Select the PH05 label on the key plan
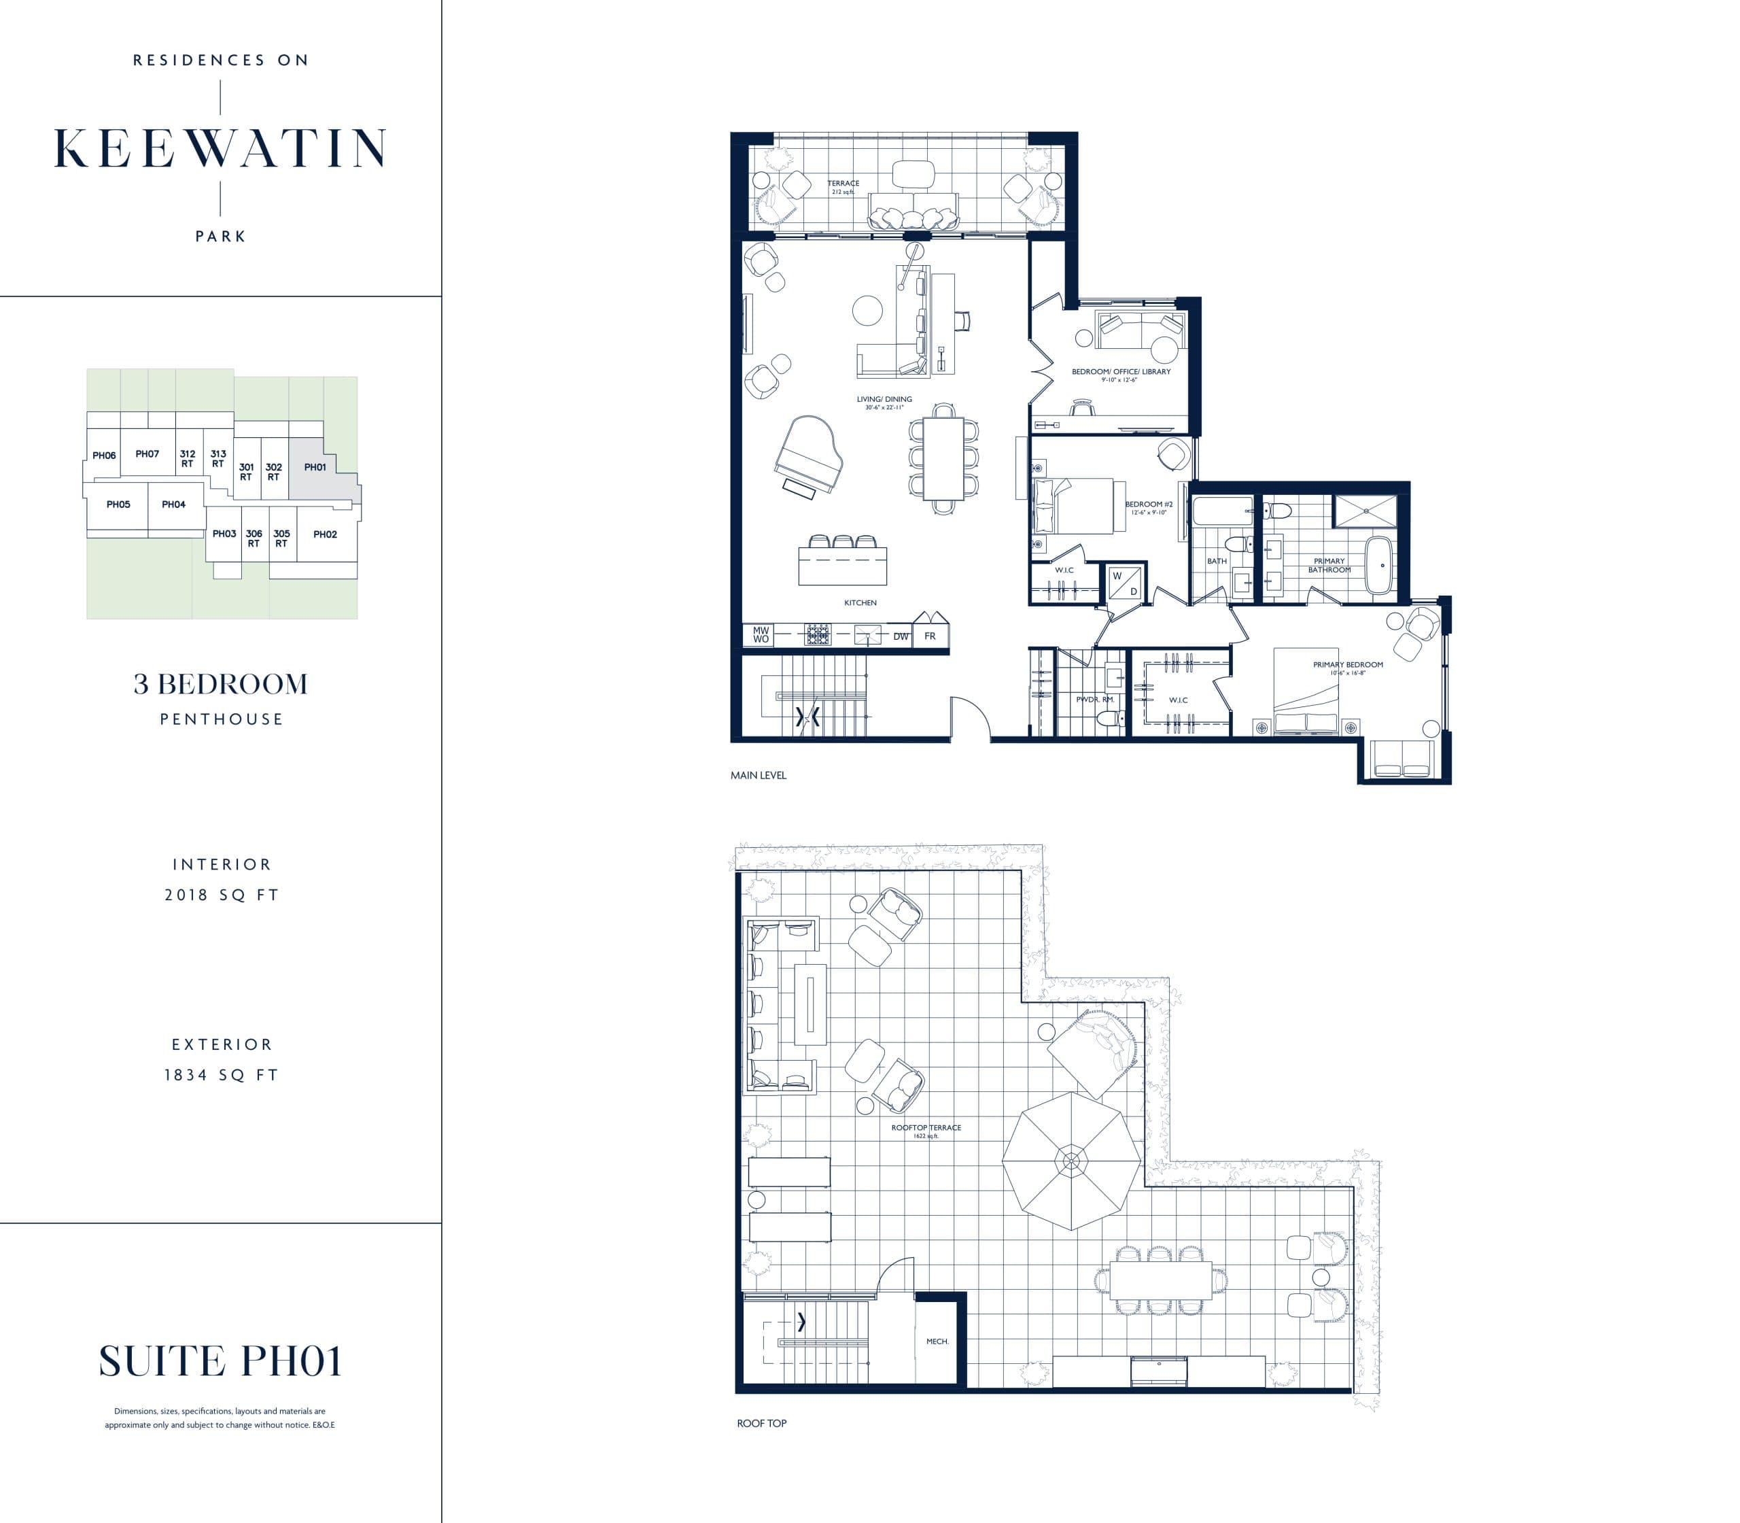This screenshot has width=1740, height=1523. point(118,504)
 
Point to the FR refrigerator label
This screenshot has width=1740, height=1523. point(930,636)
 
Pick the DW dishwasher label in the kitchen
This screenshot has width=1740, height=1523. point(900,636)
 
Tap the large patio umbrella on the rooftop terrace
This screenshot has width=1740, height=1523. point(1071,1159)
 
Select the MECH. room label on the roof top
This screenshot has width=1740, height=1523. point(937,1341)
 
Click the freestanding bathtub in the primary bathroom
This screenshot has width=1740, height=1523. point(1378,564)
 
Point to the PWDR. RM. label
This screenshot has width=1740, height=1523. point(1094,700)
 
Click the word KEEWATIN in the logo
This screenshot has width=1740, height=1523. point(220,149)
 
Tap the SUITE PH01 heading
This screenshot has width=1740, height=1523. point(220,1361)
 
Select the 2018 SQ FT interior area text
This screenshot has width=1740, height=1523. point(221,895)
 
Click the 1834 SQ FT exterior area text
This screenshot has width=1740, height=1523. point(221,1075)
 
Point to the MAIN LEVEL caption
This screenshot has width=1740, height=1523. point(758,775)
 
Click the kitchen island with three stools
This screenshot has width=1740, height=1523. point(842,564)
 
